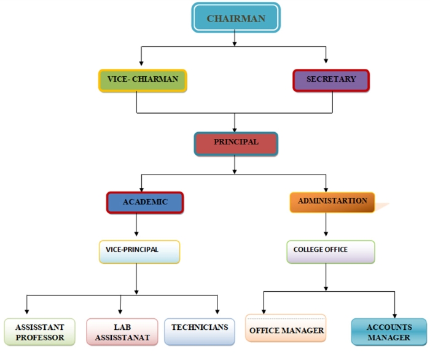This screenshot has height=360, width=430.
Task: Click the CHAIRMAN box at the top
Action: tap(236, 18)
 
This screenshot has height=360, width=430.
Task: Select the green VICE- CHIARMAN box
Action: tap(143, 80)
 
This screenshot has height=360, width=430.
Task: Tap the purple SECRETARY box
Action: tap(331, 80)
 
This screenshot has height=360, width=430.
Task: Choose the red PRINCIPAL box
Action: tap(236, 143)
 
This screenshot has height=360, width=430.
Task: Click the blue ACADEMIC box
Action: tap(145, 203)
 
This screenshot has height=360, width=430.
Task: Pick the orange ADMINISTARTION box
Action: tap(332, 202)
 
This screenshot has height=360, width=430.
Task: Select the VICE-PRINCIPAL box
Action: tap(139, 251)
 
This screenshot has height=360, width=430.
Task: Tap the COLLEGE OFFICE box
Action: tap(330, 251)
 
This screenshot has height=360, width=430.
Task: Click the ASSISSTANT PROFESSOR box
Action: tap(40, 332)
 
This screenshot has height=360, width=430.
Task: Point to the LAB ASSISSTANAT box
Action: tap(122, 332)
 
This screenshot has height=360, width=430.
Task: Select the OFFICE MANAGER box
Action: tap(286, 329)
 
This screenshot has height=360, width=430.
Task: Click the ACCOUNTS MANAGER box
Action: tap(389, 332)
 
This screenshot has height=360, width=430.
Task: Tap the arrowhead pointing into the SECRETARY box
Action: tap(326, 61)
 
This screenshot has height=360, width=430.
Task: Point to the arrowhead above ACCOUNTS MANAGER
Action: tap(394, 312)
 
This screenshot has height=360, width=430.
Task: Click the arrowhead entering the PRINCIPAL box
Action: tap(234, 125)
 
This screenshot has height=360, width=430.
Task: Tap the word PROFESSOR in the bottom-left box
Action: tap(40, 338)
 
